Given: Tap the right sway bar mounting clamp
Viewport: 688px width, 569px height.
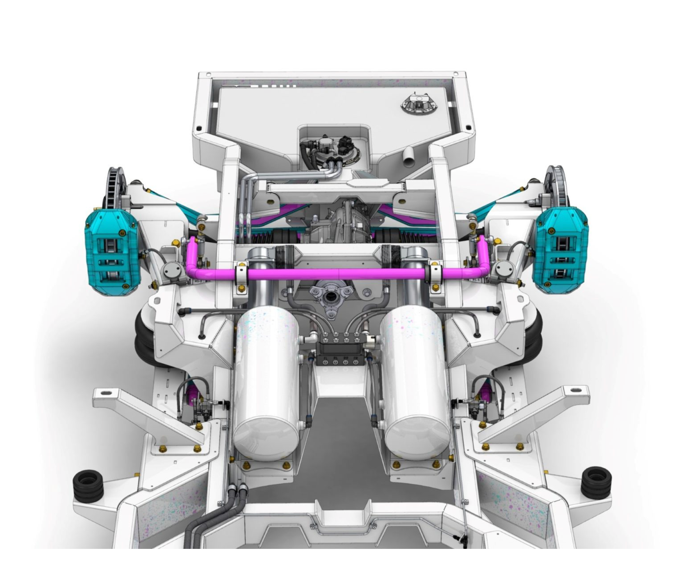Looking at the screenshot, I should (435, 274).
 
